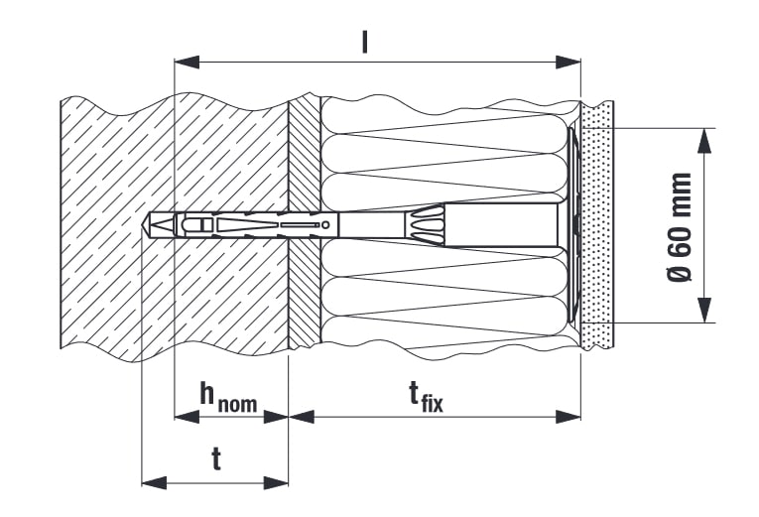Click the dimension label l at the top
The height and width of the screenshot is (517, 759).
[x=365, y=43]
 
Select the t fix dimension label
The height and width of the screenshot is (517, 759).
[x=426, y=397]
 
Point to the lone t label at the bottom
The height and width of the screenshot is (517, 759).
[x=216, y=458]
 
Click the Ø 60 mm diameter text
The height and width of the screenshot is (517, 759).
[x=680, y=226]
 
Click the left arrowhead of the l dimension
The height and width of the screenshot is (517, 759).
[x=187, y=62]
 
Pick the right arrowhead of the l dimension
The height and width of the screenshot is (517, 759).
[x=568, y=62]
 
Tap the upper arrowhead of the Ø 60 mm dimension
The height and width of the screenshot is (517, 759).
[x=704, y=141]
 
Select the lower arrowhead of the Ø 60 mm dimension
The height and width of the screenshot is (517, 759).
[x=704, y=310]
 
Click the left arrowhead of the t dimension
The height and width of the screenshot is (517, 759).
[x=154, y=482]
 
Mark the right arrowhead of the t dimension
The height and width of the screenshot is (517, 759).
[x=276, y=482]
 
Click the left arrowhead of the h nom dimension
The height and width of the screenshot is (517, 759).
[x=187, y=417]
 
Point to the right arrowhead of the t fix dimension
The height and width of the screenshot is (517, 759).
[x=568, y=417]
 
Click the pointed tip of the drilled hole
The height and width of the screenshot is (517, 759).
[x=143, y=225]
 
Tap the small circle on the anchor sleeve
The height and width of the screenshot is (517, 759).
[x=325, y=224]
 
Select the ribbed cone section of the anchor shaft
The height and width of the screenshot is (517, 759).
[x=425, y=224]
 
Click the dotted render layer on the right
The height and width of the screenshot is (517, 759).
[x=597, y=225]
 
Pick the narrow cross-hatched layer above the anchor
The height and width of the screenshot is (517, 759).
[x=305, y=154]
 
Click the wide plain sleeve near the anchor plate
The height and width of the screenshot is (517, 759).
[x=503, y=225]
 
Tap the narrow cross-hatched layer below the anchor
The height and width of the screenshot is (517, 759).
[x=305, y=293]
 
